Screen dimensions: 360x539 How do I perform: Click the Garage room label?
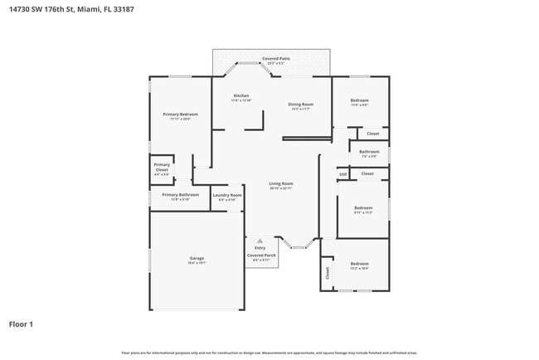tap(197, 258)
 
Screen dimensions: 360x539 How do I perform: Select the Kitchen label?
tap(241, 95)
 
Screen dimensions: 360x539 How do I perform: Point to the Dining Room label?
tap(300, 104)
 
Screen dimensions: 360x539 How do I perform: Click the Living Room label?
tap(281, 183)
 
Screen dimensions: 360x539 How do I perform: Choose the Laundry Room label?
tap(226, 196)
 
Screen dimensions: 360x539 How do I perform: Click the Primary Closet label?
tap(162, 167)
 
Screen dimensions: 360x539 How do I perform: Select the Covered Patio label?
tap(275, 59)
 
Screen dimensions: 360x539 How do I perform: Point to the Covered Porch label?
tap(261, 255)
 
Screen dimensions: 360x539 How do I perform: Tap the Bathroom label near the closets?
tap(369, 152)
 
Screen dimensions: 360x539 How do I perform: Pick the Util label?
tap(342, 174)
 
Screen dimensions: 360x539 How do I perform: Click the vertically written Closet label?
tap(328, 272)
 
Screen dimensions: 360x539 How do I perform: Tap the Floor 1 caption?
tap(21, 324)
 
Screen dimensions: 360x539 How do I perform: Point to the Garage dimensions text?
tap(197, 263)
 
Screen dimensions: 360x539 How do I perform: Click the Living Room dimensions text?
tap(281, 188)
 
